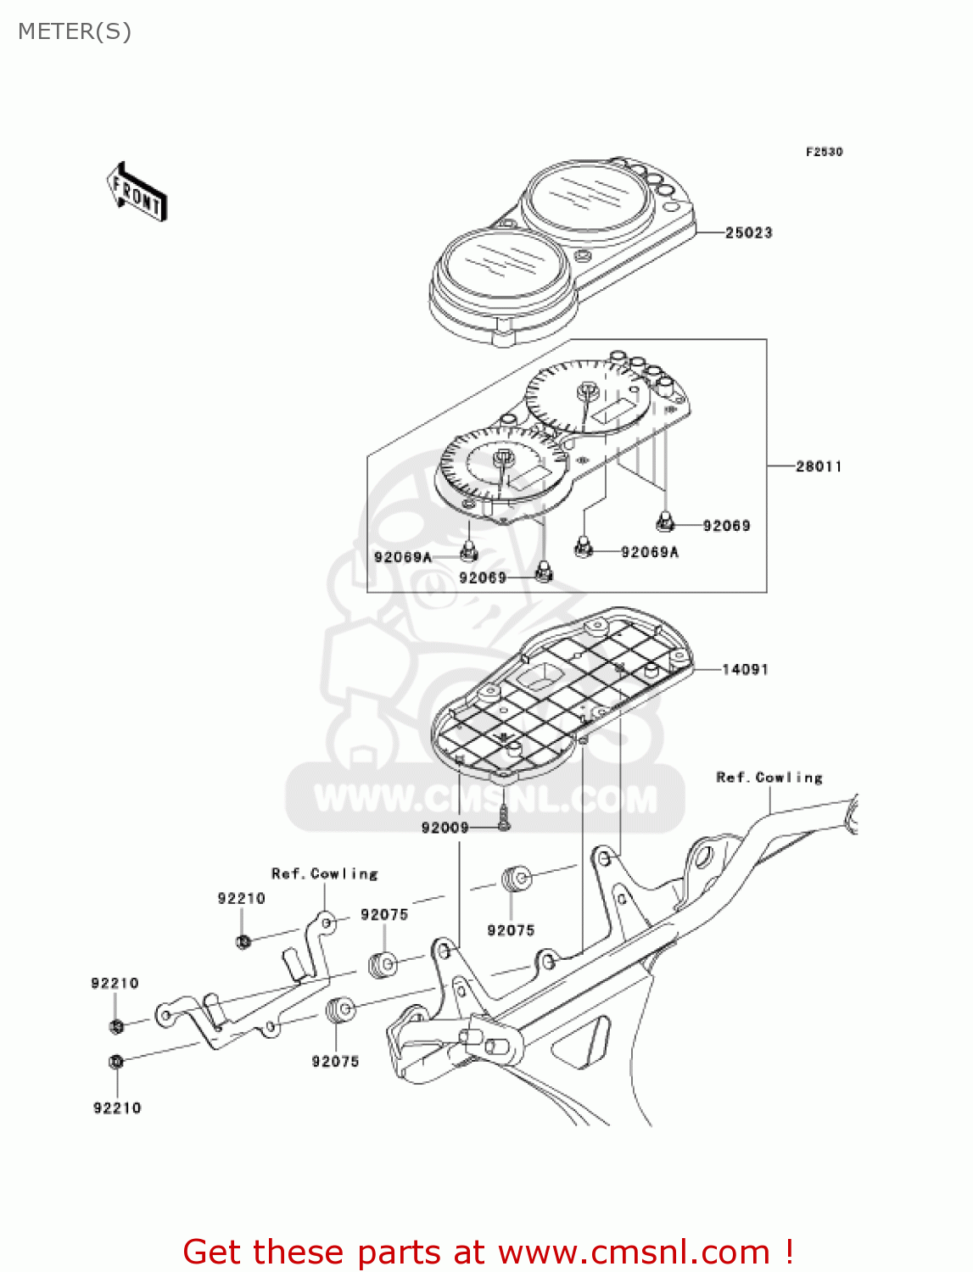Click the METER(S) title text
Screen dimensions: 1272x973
(x=75, y=31)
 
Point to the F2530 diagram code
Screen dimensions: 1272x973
(x=824, y=152)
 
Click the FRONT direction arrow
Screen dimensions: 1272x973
(x=137, y=192)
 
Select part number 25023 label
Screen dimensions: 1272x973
(x=748, y=232)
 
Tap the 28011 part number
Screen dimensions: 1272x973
(x=818, y=466)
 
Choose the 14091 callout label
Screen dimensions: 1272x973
(x=745, y=670)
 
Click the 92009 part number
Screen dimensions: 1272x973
(x=445, y=828)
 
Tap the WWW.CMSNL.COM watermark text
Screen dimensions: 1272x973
(x=485, y=800)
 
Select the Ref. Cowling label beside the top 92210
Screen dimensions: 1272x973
(x=324, y=873)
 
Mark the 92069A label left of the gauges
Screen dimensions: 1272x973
(x=403, y=557)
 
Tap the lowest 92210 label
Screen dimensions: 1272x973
(x=117, y=1107)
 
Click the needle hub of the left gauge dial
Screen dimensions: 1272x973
(x=503, y=458)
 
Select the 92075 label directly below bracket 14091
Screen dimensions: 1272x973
(x=511, y=930)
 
